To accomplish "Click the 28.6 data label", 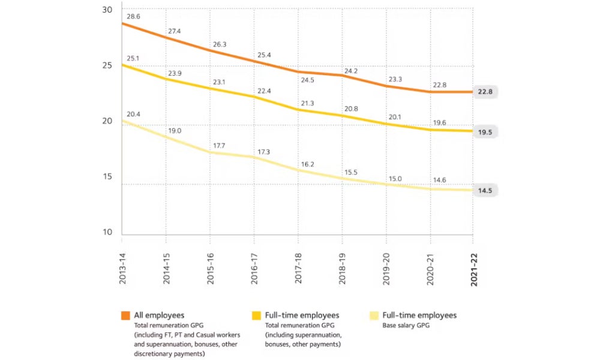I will coord(133,17).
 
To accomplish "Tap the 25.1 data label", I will coord(133,58).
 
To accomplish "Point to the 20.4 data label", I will coord(133,114).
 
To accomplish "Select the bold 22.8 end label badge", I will coord(486,92).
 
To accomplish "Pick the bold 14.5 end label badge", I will coord(486,190).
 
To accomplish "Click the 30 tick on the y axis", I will coord(107,10).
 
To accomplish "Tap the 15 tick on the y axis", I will coord(107,177).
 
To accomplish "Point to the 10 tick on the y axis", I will coord(107,232).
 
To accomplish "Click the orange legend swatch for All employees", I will coord(125,316).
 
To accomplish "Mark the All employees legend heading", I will coord(159,315).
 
